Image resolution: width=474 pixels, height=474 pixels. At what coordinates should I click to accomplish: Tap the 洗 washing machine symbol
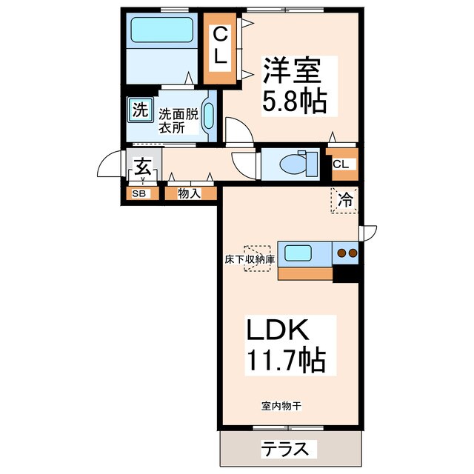coord(138,111)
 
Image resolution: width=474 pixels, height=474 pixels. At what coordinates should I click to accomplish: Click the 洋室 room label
coord(291,73)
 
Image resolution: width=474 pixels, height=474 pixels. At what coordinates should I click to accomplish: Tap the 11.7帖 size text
coord(285,361)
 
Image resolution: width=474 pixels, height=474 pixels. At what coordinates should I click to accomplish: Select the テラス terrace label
coord(288,449)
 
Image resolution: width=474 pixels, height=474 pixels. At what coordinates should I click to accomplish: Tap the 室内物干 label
coord(280,406)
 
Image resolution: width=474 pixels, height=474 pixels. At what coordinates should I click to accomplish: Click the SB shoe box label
coord(138,194)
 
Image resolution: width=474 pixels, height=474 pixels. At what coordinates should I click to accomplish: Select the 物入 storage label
coord(190,194)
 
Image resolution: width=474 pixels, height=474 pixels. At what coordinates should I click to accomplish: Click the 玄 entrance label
coord(143,166)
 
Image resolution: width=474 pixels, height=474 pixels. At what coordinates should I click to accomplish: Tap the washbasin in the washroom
coord(208,116)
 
